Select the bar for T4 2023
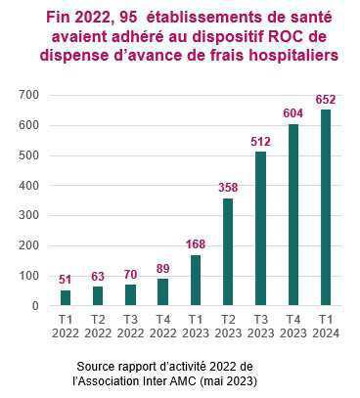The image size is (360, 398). click(293, 215)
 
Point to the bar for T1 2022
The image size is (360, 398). click(67, 298)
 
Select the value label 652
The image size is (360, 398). click(326, 100)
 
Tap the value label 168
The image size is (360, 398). click(197, 245)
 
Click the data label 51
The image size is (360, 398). click(67, 281)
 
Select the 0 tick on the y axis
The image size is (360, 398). click(34, 306)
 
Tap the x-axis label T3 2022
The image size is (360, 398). click(131, 327)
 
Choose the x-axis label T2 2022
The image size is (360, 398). click(99, 327)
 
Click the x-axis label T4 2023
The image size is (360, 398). click(293, 327)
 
